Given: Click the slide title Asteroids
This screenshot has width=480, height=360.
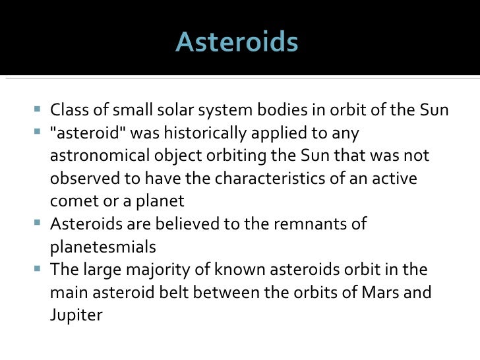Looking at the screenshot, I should [237, 44].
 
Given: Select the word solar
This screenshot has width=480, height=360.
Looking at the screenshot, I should [173, 110].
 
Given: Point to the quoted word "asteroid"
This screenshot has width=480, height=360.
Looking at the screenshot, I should [86, 133].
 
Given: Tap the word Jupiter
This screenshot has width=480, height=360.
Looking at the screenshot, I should [76, 316].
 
